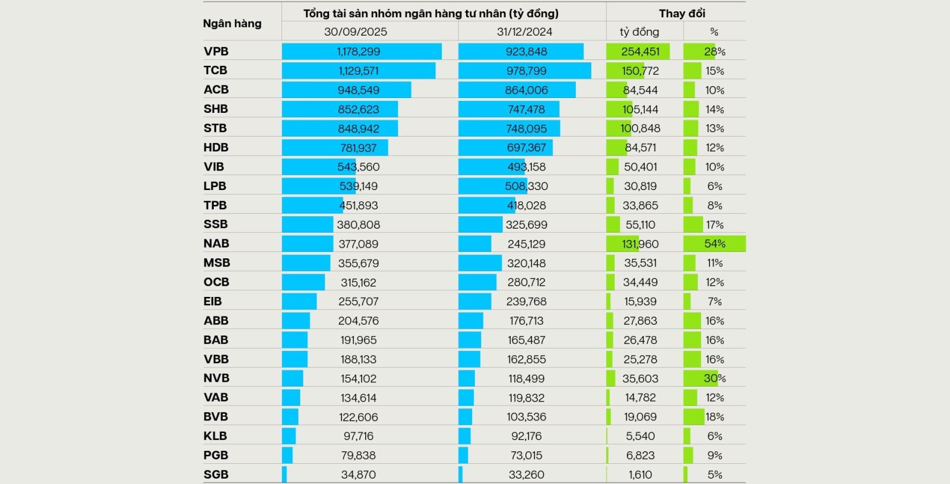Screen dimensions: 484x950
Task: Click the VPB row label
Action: tap(216, 52)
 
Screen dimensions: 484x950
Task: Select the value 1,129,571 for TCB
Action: tap(359, 71)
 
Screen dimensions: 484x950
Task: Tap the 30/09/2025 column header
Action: tap(355, 31)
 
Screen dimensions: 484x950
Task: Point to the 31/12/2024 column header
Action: tap(524, 31)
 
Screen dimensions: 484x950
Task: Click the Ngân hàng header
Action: tap(232, 23)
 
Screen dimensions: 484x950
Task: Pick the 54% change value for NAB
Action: tap(715, 243)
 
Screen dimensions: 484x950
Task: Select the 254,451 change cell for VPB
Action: tap(640, 52)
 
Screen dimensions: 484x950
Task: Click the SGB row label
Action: tap(216, 474)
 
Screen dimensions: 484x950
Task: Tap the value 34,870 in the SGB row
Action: tap(359, 474)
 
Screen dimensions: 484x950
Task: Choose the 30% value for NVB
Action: tap(714, 378)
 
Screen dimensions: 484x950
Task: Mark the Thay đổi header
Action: tap(682, 13)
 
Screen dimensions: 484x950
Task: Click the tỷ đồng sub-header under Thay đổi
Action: tap(639, 31)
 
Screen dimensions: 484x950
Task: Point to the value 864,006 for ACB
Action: tap(527, 90)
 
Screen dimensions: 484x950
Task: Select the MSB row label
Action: tap(217, 262)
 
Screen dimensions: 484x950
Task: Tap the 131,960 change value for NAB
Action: tap(640, 243)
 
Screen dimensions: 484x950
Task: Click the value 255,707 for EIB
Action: tap(359, 301)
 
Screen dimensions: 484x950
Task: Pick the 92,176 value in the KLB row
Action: tap(527, 436)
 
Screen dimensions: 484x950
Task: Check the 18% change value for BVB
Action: tap(714, 417)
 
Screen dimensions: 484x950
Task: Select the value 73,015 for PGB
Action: tap(527, 455)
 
